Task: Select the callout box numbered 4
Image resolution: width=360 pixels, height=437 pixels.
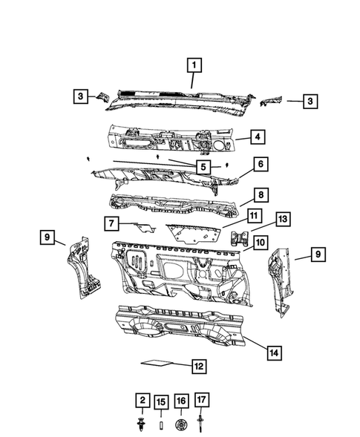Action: (255, 137)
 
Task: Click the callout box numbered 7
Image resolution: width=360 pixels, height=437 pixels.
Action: (109, 223)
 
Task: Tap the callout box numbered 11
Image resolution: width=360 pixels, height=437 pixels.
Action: (253, 216)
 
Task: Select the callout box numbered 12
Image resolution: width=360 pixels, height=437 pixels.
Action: (198, 366)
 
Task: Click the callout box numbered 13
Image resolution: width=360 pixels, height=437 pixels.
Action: (283, 220)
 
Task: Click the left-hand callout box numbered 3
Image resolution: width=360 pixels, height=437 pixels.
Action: (79, 96)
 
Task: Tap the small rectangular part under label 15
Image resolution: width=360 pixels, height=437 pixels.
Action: (159, 425)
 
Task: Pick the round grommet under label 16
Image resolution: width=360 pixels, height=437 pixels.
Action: (179, 425)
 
